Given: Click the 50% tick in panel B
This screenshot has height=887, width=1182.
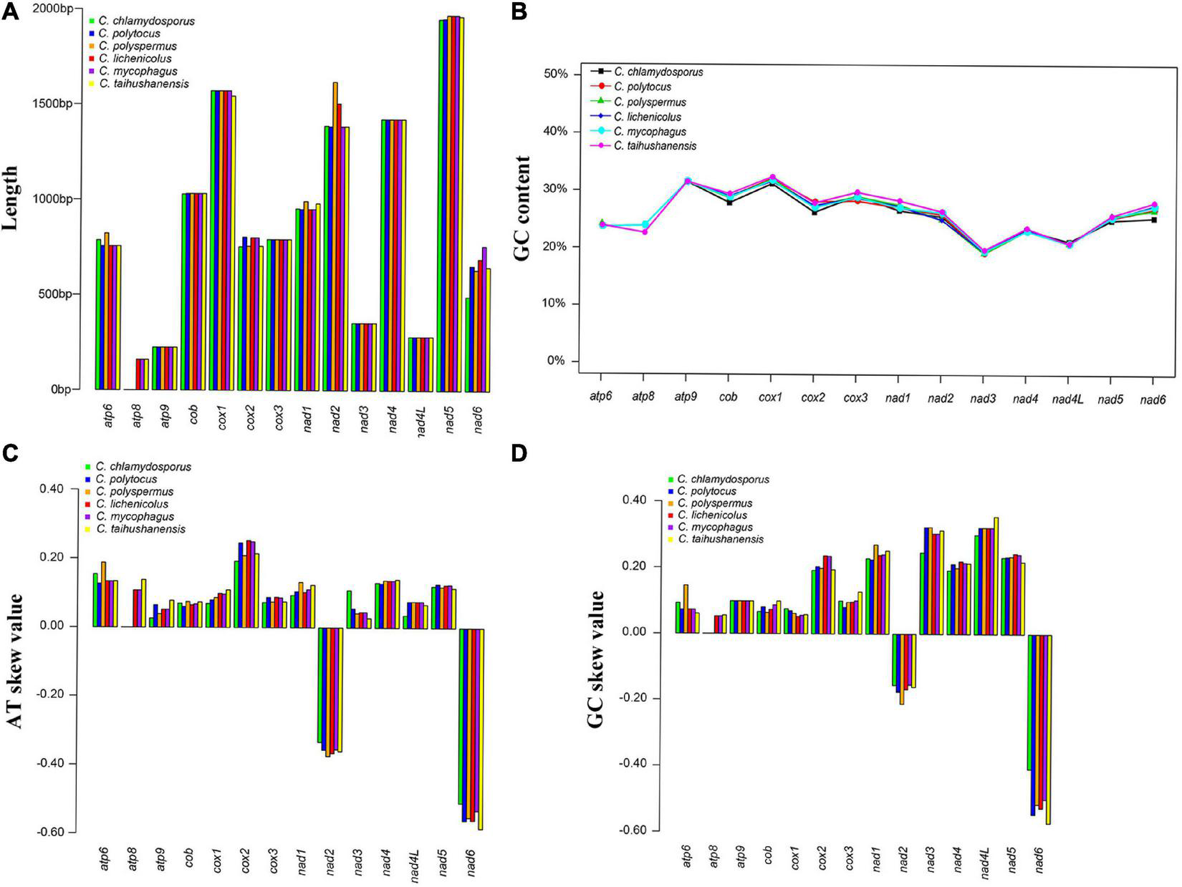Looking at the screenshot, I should [552, 74].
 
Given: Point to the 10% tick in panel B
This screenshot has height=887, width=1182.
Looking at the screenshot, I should [552, 304].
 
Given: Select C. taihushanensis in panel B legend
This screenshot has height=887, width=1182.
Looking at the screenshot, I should [657, 146].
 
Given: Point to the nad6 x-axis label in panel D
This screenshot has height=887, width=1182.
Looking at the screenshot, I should [1039, 858].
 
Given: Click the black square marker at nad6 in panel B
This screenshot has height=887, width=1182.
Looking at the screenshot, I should [1153, 220].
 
